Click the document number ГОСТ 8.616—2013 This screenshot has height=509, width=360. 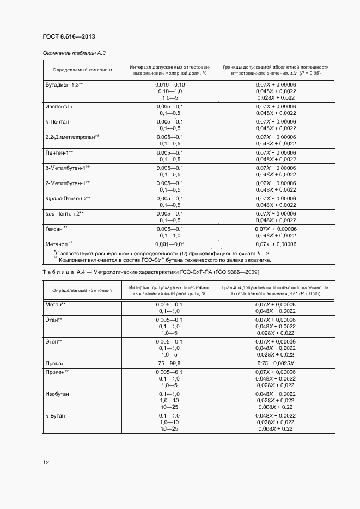[x=65, y=36]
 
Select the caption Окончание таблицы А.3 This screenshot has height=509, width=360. [x=74, y=53]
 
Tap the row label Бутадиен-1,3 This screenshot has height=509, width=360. [x=63, y=85]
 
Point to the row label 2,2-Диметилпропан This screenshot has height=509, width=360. [x=72, y=137]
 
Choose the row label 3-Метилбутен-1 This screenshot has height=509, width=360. [x=68, y=168]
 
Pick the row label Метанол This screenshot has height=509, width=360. [x=59, y=244]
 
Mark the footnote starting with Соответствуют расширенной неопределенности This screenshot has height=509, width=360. [x=162, y=253]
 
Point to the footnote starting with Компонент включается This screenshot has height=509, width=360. [x=162, y=260]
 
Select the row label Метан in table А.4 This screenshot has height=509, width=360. [x=55, y=304]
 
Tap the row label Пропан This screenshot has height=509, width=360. [x=56, y=363]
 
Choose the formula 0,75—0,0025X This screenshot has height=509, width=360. [x=275, y=363]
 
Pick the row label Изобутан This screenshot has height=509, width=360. [x=57, y=393]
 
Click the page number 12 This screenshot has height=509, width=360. [x=46, y=463]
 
